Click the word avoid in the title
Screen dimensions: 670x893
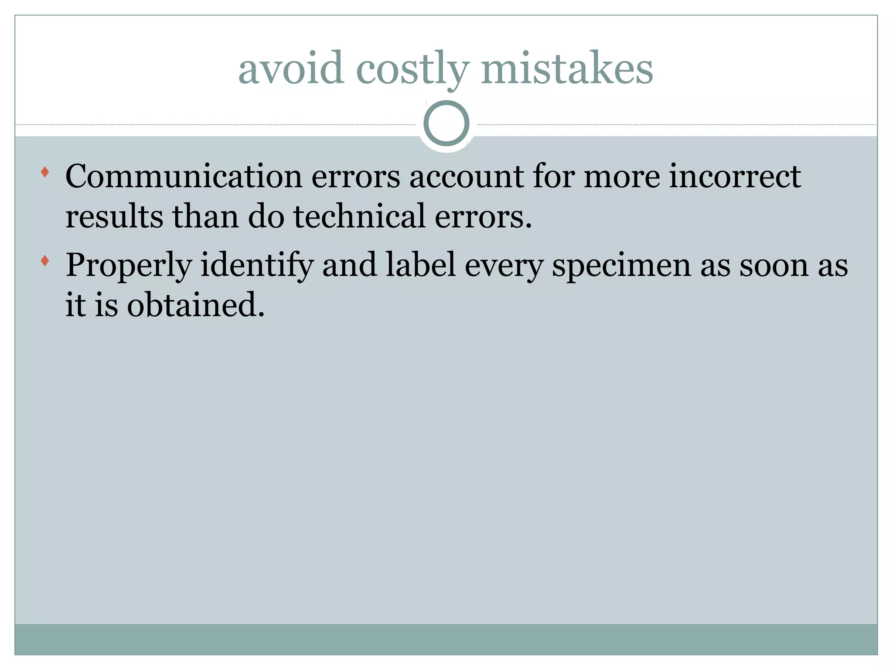tap(290, 68)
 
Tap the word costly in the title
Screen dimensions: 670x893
tap(412, 70)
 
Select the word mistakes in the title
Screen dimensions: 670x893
tap(567, 68)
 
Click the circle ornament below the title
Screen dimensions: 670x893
tap(446, 123)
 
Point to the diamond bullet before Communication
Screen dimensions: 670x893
tap(44, 172)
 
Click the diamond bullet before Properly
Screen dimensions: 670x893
tap(44, 261)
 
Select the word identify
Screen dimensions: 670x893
tap(257, 266)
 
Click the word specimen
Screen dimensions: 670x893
tap(621, 266)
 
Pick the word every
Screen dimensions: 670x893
tap(504, 266)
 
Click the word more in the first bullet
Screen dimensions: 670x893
tap(621, 177)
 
